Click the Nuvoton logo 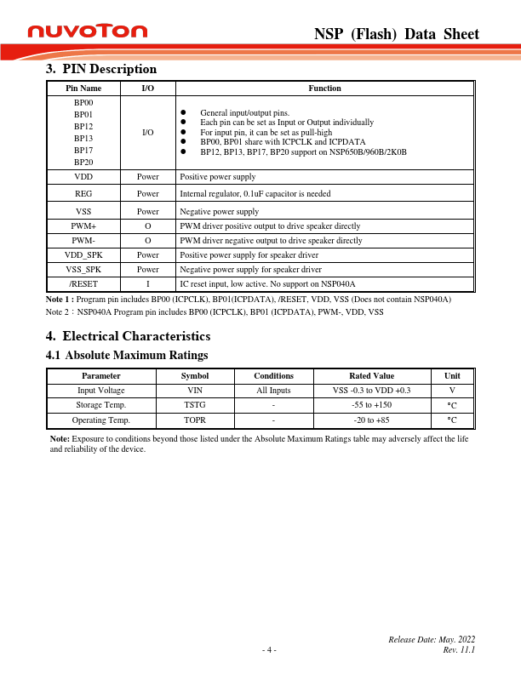point(88,31)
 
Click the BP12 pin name point(83,125)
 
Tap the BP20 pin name point(83,162)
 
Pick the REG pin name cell point(83,194)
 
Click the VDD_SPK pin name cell point(83,254)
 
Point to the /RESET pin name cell point(83,283)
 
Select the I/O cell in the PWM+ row point(147,226)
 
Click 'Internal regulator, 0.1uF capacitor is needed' point(255,194)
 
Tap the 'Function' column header point(324,88)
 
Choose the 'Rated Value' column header point(371,375)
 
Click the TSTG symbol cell point(195,405)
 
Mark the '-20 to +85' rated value point(371,420)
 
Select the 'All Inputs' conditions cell point(273,390)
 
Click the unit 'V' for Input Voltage point(452,390)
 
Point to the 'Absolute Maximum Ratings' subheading point(136,354)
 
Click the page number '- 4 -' point(269,649)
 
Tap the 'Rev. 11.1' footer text point(459,649)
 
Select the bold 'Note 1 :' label point(61,300)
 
